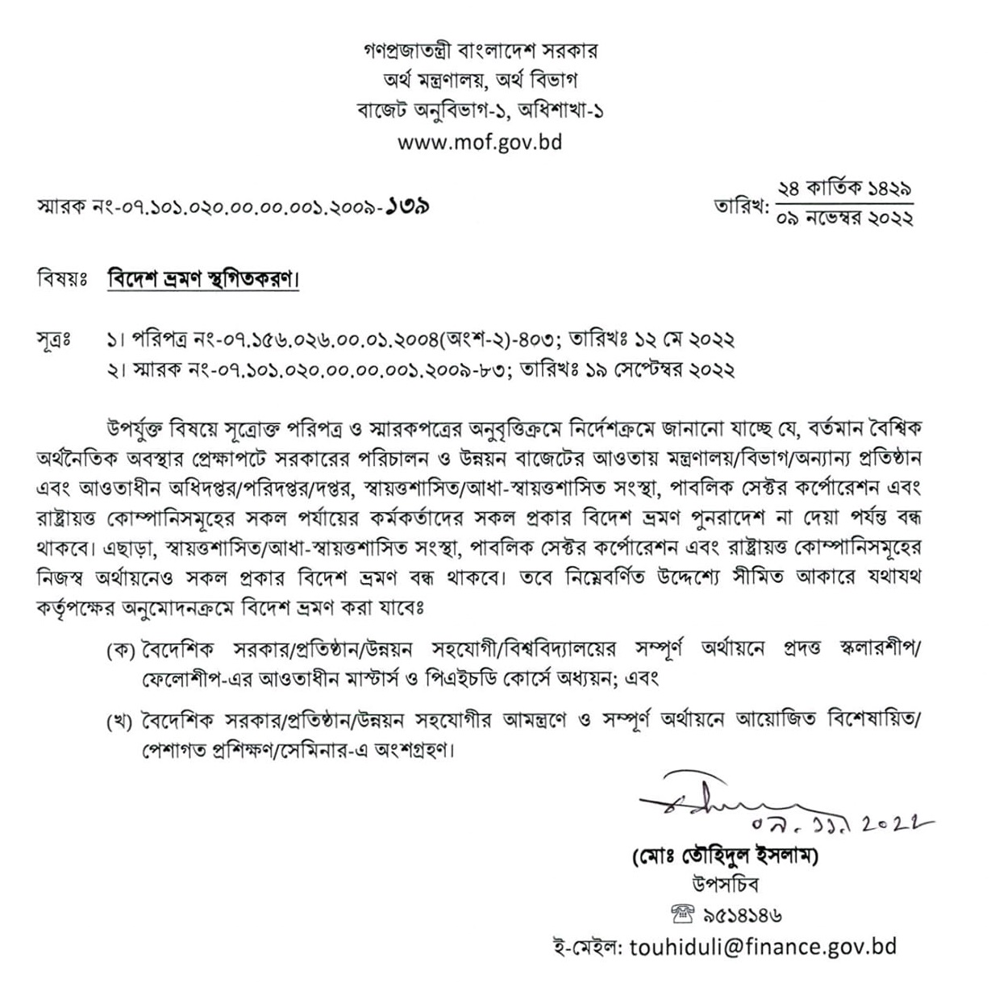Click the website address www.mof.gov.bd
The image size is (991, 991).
(x=481, y=143)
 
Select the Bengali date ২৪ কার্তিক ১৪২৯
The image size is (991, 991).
(x=844, y=190)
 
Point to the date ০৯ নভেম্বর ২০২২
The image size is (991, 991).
(x=844, y=219)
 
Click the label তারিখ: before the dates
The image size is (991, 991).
(x=739, y=206)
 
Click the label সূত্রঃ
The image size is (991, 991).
(x=56, y=340)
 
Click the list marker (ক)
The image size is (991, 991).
(x=120, y=652)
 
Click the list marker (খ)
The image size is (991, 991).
(x=120, y=722)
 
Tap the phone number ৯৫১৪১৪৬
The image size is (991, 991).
(x=742, y=915)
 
